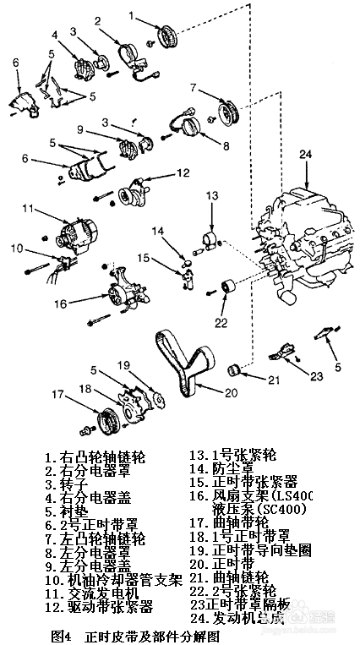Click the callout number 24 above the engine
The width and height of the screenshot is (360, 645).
pos(306,154)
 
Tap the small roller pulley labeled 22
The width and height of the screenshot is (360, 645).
pos(226,289)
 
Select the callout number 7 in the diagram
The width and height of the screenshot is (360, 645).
pos(193,87)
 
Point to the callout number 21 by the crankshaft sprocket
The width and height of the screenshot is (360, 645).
pos(271,380)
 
